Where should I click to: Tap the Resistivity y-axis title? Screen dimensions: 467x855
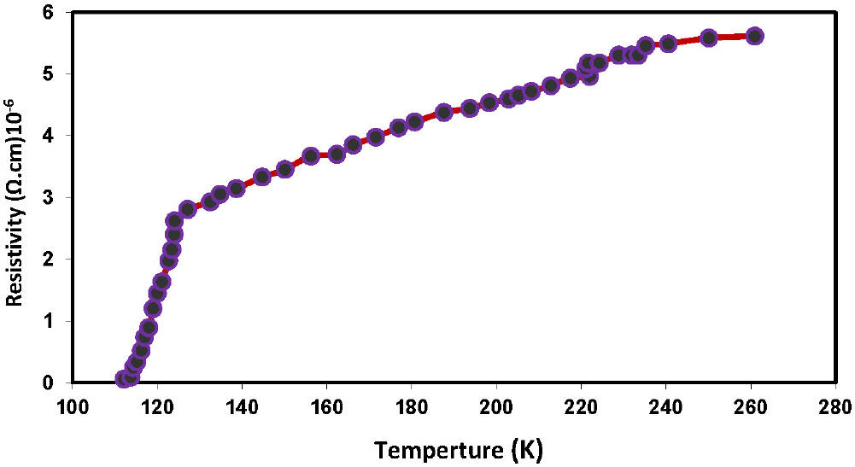(15, 201)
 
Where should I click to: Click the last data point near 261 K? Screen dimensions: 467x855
(754, 36)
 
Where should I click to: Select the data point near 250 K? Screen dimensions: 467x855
(708, 38)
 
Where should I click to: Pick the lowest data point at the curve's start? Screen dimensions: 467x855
(123, 378)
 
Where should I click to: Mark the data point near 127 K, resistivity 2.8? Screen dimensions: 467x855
(187, 208)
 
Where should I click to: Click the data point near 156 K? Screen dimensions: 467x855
(311, 156)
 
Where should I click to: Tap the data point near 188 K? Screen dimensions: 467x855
(443, 112)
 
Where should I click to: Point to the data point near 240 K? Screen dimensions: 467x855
(668, 44)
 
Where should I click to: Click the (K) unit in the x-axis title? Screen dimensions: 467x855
(526, 447)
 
